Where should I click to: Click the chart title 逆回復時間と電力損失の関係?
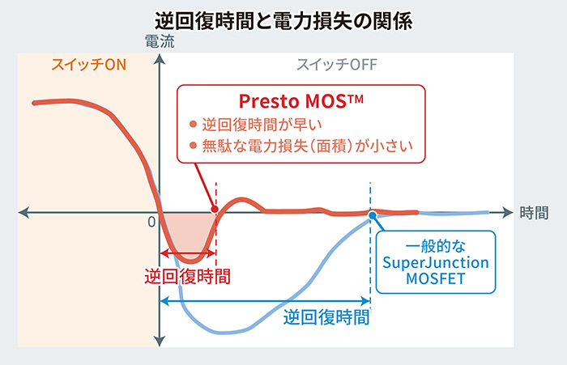click(x=283, y=21)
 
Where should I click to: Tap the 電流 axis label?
click(x=160, y=41)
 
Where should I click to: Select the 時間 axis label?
click(x=534, y=213)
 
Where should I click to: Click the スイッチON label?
click(x=88, y=65)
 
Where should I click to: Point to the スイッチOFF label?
click(x=337, y=65)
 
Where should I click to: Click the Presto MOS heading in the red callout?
click(x=301, y=101)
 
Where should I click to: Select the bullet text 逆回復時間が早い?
click(x=262, y=125)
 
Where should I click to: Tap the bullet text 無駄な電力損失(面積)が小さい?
click(x=307, y=146)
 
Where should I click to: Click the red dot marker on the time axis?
click(x=215, y=209)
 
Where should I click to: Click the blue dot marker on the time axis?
click(x=373, y=216)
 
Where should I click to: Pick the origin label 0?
click(x=151, y=222)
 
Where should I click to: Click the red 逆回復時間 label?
click(x=187, y=277)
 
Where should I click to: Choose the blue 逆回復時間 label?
click(x=326, y=317)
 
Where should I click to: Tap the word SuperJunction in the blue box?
click(x=436, y=263)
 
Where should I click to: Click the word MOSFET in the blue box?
click(x=436, y=278)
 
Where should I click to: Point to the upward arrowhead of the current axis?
click(x=160, y=59)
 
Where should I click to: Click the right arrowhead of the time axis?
click(x=508, y=213)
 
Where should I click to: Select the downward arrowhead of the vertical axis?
click(x=160, y=341)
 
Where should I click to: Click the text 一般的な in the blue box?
click(x=436, y=247)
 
